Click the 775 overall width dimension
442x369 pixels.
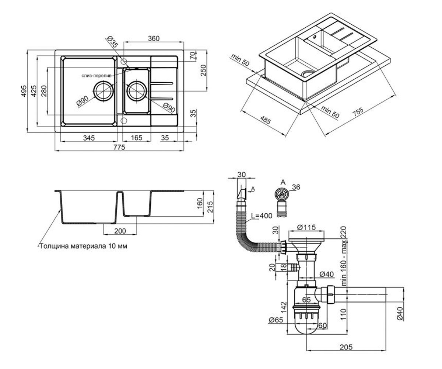coord(119,147)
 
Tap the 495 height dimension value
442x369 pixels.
coord(24,91)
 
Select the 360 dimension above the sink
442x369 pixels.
coord(154,38)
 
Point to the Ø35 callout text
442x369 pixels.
coord(112,42)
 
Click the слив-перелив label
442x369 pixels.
coord(97,76)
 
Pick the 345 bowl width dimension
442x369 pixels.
coord(89,138)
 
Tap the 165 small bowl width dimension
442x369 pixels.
coord(137,138)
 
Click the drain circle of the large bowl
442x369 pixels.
coord(104,91)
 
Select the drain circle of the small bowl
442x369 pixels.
coord(137,91)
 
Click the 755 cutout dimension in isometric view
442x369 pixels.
coord(358,112)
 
